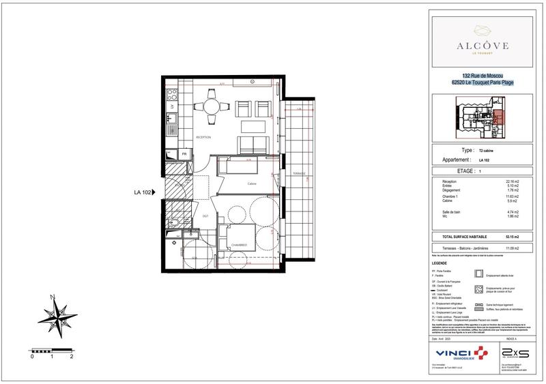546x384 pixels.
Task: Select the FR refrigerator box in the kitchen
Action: tap(175, 154)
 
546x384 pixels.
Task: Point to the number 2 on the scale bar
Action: tap(72, 356)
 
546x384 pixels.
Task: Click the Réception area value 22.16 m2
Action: tap(511, 181)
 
